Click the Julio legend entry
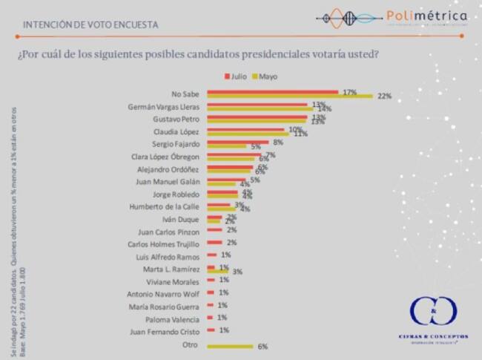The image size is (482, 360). [x=236, y=76]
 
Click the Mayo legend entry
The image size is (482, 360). [x=266, y=76]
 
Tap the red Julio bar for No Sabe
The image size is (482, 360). [x=272, y=91]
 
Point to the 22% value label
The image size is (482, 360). [x=383, y=96]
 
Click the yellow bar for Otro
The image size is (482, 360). [x=231, y=346]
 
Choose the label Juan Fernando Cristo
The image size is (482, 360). [x=166, y=331]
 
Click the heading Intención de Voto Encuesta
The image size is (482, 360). [x=90, y=24]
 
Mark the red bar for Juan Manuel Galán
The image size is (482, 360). [x=225, y=179]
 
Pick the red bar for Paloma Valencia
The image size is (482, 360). [x=211, y=318]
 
